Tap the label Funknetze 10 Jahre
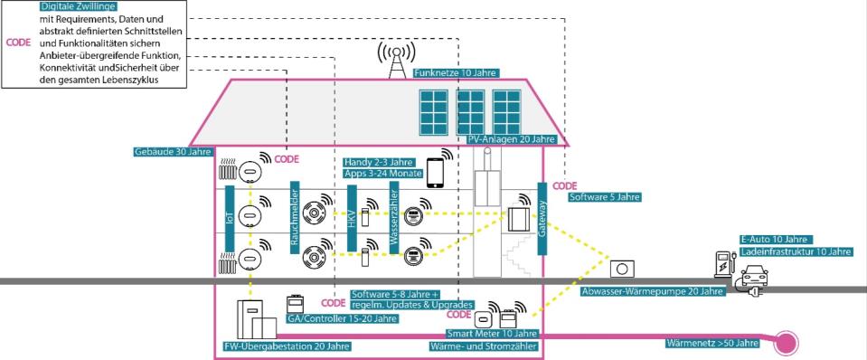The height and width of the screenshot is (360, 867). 456,73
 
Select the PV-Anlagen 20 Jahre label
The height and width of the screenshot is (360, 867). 512,139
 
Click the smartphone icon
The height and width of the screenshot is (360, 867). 438,168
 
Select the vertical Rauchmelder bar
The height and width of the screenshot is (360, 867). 295,217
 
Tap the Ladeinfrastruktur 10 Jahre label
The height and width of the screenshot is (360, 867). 789,251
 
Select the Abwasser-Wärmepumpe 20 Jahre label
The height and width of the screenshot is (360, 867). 652,292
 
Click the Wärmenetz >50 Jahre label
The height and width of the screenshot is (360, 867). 712,343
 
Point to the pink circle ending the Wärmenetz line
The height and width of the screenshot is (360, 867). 784,343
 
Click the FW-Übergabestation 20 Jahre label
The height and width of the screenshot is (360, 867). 286,346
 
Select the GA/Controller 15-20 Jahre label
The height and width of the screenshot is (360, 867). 341,318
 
